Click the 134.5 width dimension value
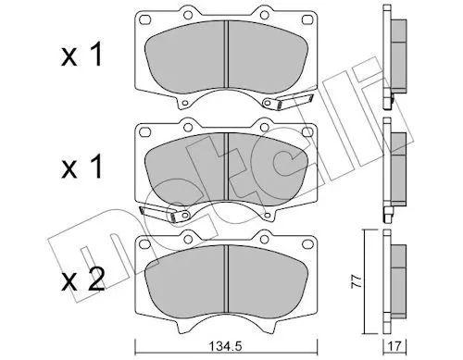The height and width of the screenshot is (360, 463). [x=226, y=346]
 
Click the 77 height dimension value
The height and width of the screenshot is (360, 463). [x=356, y=281]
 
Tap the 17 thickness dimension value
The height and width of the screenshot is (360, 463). [x=395, y=346]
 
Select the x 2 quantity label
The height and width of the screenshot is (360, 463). [x=82, y=280]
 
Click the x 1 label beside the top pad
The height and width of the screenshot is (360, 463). [x=81, y=56]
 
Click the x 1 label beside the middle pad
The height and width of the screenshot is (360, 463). [x=81, y=167]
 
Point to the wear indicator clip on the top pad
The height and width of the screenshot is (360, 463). [x=289, y=102]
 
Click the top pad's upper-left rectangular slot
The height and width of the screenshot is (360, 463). [x=144, y=20]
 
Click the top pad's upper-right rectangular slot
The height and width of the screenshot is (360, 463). [x=307, y=20]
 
